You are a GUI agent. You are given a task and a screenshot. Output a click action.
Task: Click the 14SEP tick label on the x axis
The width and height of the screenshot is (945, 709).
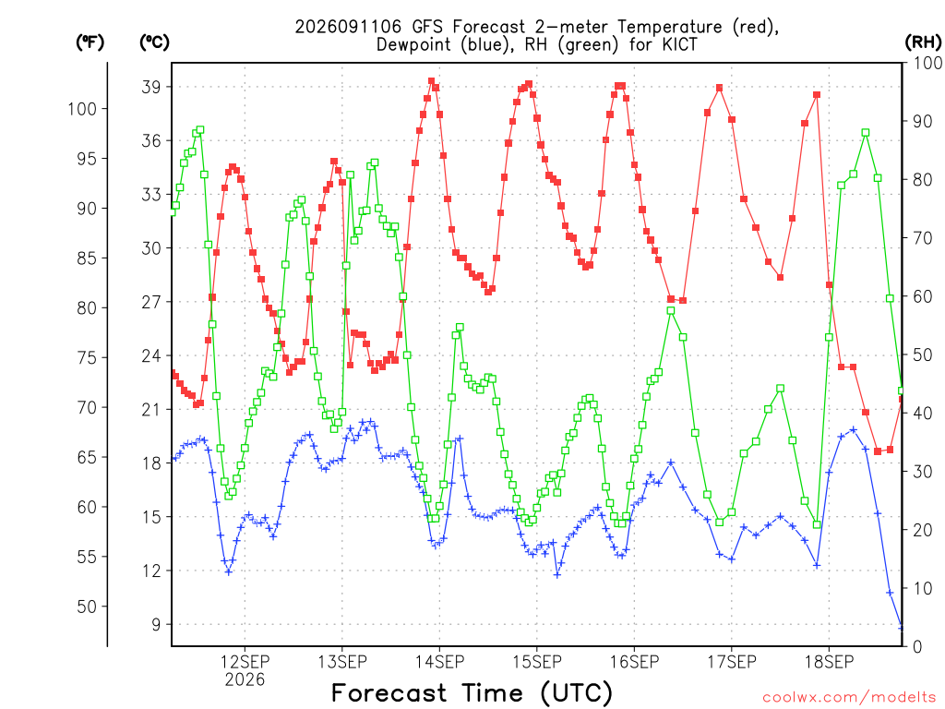tap(439, 662)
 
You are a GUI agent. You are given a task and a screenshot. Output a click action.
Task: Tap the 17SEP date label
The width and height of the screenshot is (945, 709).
tap(732, 662)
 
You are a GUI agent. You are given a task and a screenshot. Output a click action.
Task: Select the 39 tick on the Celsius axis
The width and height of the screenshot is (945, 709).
tap(152, 87)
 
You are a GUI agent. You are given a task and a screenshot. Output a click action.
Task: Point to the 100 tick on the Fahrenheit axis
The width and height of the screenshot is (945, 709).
tap(82, 109)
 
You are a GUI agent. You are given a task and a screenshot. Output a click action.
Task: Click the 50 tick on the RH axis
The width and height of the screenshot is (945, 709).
tap(918, 354)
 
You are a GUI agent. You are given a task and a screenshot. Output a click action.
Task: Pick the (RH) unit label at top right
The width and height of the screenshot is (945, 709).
tap(923, 42)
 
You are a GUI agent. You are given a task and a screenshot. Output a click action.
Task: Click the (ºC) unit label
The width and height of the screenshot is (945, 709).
tap(154, 42)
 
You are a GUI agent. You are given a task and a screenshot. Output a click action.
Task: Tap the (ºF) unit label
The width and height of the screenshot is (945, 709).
tap(90, 42)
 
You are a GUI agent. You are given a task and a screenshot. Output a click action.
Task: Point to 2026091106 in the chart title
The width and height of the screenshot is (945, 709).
tap(348, 27)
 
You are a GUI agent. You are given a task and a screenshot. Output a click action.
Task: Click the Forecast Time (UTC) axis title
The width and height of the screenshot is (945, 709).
tap(472, 692)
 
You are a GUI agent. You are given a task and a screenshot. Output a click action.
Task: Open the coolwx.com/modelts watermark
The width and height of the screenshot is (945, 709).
tap(849, 698)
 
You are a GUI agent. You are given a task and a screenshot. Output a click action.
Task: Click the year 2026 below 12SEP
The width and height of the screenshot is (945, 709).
tap(245, 680)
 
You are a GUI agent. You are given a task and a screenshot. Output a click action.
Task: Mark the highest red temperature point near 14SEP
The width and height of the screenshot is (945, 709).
tap(432, 81)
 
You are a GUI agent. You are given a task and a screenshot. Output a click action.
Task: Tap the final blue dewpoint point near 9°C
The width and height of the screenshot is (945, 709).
tap(902, 628)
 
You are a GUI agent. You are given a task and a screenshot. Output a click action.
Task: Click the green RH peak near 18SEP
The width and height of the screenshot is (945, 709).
tap(866, 133)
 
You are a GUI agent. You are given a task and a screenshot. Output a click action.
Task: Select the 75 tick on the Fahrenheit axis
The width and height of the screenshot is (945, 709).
tap(87, 358)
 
